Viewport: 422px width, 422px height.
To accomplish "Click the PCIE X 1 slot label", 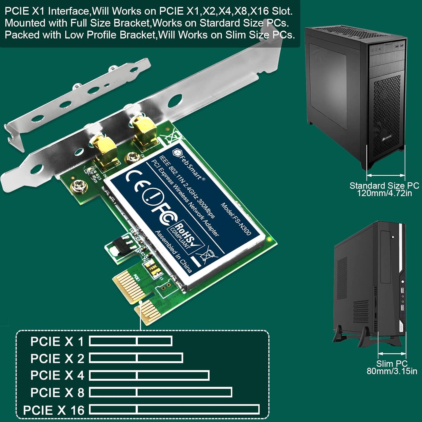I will [57, 342].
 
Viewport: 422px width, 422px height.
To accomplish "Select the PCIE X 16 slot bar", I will [174, 410].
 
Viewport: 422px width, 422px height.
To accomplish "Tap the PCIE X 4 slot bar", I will [149, 375].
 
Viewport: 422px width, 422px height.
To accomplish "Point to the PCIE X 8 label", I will [57, 393].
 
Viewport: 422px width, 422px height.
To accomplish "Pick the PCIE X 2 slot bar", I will [136, 358].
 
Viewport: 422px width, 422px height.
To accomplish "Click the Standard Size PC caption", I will [384, 186].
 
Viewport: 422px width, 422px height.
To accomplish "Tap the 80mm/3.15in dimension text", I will [392, 371].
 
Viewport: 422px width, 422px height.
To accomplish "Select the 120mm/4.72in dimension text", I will [384, 193].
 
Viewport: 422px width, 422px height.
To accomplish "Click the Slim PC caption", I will [392, 363].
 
